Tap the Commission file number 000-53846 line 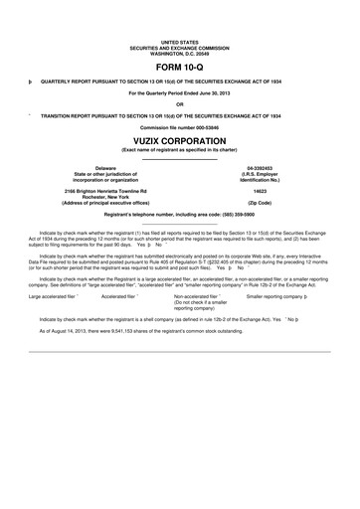pos(179,125)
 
